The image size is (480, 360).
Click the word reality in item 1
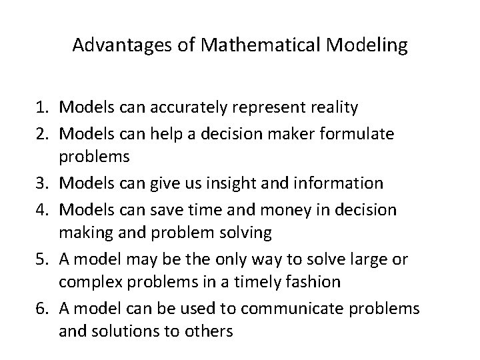[337, 107]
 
